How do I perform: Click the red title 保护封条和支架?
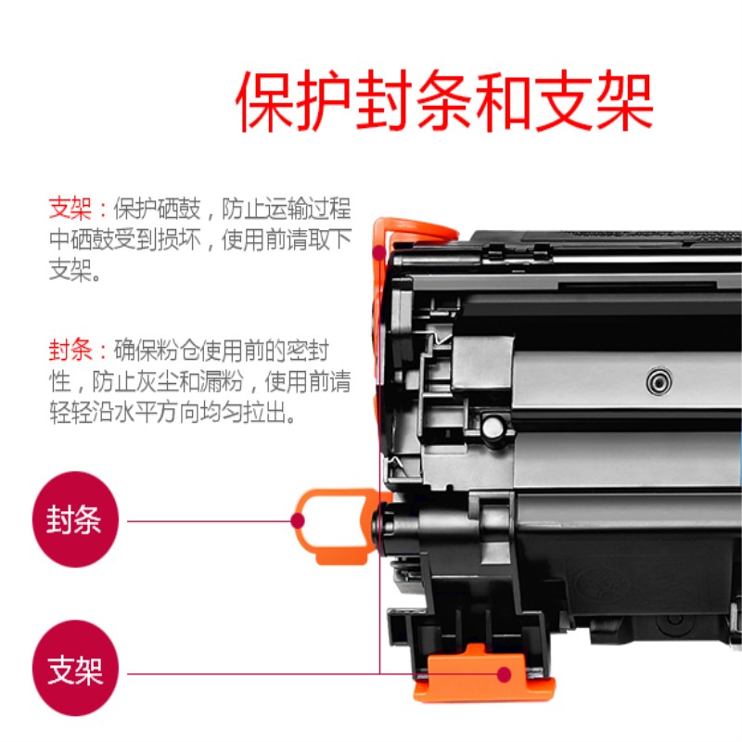[x=444, y=100]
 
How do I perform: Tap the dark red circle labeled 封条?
[x=75, y=519]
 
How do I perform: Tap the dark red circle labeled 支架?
[x=75, y=668]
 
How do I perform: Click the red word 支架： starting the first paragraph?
[x=79, y=208]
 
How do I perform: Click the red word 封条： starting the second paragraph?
[x=79, y=351]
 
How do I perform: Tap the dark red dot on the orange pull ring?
[x=297, y=521]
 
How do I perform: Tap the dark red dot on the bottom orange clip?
[x=505, y=674]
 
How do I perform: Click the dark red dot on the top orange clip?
[x=378, y=252]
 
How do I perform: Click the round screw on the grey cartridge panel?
[x=659, y=381]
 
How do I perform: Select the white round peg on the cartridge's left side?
[x=493, y=428]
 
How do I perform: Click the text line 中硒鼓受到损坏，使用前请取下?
[x=200, y=239]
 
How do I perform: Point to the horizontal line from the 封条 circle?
[x=209, y=521]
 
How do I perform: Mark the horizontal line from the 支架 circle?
[x=313, y=674]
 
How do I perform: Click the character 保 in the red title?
[x=265, y=100]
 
